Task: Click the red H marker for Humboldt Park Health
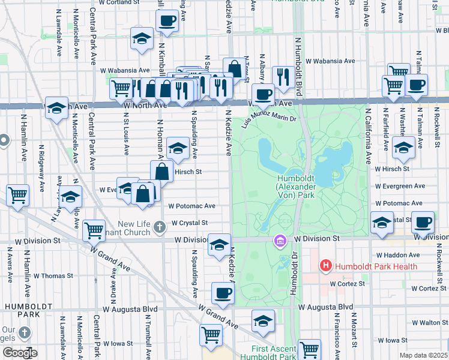click(325, 265)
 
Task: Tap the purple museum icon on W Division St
click(279, 241)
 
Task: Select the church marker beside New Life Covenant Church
click(159, 227)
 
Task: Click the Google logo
click(20, 353)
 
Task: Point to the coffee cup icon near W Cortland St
click(167, 21)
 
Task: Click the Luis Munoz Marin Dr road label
click(269, 119)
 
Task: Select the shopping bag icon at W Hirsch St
click(163, 171)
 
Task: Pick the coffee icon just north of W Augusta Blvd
click(223, 293)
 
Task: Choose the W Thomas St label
click(53, 276)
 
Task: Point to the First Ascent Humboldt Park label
click(274, 353)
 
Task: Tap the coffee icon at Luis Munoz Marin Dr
click(263, 94)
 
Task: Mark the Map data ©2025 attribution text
click(423, 355)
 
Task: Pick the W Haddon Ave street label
click(414, 255)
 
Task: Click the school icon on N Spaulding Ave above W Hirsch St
click(178, 148)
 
